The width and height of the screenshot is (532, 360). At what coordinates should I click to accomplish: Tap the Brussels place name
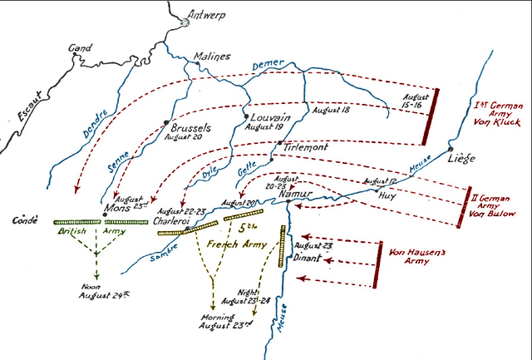pos(190,129)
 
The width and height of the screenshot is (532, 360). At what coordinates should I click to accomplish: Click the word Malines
pos(211,57)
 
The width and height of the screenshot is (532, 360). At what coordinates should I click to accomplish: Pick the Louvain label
pos(270,119)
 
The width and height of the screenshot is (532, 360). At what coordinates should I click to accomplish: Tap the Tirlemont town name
pos(307,147)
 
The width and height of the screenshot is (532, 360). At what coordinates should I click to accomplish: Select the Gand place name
pos(80,49)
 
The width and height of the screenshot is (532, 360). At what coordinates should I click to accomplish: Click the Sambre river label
pos(165,257)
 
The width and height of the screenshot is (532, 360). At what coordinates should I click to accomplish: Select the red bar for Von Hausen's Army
pos(378,266)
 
